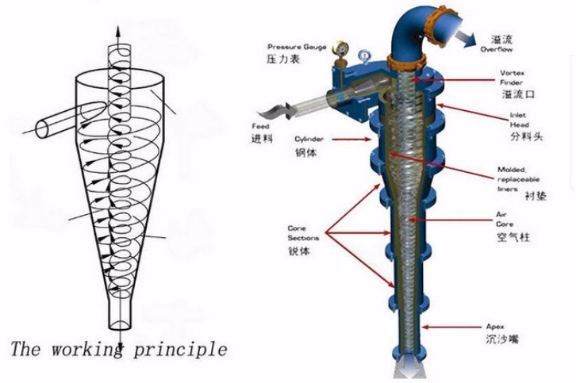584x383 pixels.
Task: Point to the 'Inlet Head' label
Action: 518,119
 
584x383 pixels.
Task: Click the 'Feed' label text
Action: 260,126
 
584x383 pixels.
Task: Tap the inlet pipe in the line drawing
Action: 71,117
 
